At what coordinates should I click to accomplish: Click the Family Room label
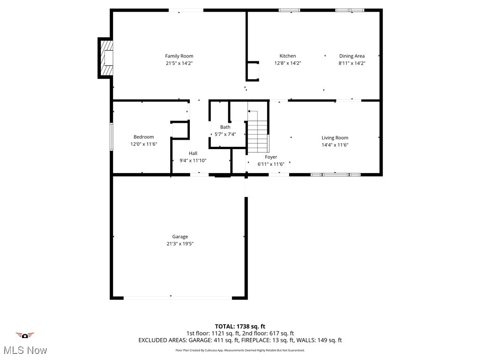(x=179, y=56)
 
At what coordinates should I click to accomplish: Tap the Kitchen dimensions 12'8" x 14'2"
(x=287, y=63)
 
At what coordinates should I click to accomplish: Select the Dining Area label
(x=352, y=56)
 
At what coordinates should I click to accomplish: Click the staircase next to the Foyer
(x=257, y=135)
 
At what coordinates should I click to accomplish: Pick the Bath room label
(x=225, y=127)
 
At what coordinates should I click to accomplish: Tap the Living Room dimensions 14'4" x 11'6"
(x=335, y=145)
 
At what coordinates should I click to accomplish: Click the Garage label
(x=180, y=237)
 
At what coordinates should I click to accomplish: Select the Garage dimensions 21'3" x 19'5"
(x=180, y=244)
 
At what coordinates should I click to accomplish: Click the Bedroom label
(x=143, y=137)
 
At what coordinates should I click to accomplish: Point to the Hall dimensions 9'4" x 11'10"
(x=193, y=160)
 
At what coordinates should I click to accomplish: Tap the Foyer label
(x=271, y=157)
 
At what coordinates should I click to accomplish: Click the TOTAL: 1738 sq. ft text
(x=240, y=326)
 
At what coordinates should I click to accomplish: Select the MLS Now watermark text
(x=25, y=350)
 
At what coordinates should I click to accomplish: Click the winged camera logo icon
(x=25, y=335)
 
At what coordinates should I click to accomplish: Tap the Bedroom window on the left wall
(x=112, y=136)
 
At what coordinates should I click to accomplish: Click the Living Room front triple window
(x=336, y=174)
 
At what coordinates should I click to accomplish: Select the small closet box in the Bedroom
(x=179, y=130)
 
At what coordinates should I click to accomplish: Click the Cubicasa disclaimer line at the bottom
(x=240, y=350)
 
